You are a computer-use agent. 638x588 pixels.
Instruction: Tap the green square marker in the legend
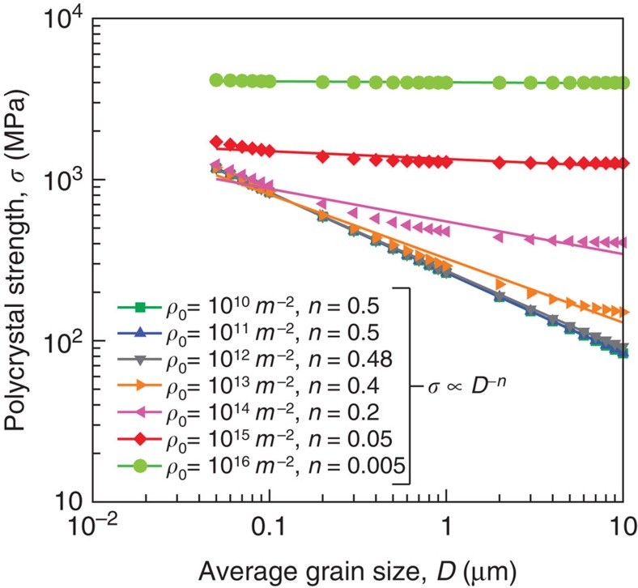point(139,307)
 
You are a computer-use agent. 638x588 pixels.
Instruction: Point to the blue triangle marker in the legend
point(139,334)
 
